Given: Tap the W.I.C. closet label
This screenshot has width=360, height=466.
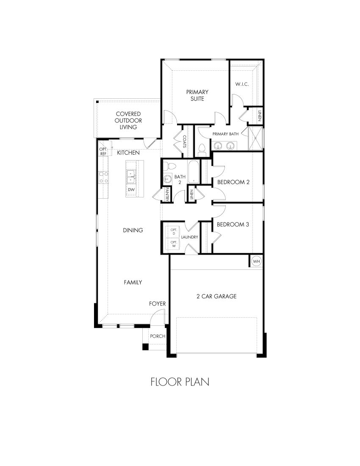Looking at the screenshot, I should (242, 84).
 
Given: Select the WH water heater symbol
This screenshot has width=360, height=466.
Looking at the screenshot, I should (256, 262).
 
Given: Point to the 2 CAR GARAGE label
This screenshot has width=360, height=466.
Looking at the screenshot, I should (216, 296).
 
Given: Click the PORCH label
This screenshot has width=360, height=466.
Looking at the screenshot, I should (158, 336).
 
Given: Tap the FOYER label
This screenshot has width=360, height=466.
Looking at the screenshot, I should (157, 304).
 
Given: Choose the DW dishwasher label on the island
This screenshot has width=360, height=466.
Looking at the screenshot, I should (131, 190).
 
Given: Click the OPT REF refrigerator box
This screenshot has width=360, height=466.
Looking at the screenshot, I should (103, 151).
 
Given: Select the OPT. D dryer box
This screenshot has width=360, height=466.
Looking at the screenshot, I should (174, 231).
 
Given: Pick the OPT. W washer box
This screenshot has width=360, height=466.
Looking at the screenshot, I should (174, 244).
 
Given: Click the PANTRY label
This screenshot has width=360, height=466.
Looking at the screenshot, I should (168, 194).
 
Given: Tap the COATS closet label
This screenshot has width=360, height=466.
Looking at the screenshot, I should (185, 141).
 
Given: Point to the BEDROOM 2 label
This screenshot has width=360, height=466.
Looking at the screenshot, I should (233, 182).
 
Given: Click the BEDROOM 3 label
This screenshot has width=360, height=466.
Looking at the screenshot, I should (233, 225).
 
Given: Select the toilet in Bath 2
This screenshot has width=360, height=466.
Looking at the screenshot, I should (168, 166).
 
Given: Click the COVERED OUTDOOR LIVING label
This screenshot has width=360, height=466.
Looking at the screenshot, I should (128, 120).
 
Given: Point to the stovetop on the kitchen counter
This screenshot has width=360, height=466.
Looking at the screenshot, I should (102, 177).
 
